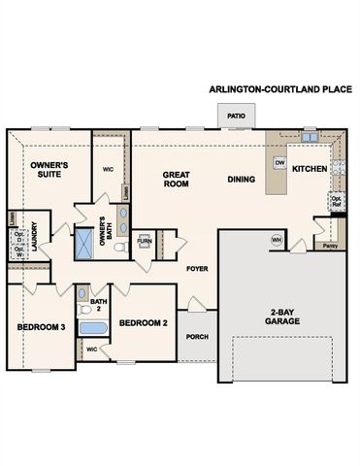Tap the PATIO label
click(x=236, y=116)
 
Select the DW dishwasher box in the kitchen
click(x=278, y=163)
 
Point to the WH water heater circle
click(x=276, y=240)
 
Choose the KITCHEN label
click(x=310, y=168)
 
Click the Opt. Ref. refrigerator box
click(x=336, y=202)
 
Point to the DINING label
click(x=241, y=179)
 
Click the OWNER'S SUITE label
click(x=48, y=171)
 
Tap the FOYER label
click(x=198, y=267)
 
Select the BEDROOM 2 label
click(x=144, y=322)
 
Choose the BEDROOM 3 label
click(x=41, y=328)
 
